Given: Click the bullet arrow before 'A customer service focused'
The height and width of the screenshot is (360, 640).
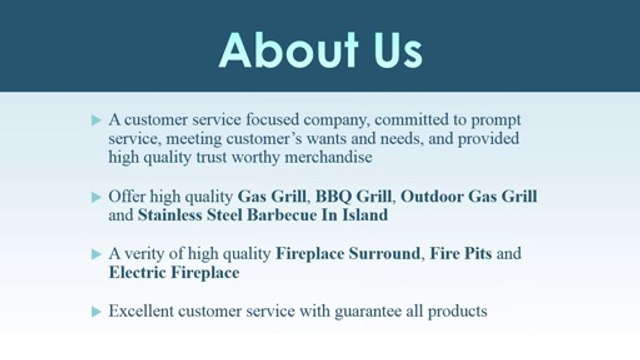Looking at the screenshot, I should (96, 120).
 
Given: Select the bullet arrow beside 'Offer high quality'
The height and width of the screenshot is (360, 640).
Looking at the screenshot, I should (96, 196).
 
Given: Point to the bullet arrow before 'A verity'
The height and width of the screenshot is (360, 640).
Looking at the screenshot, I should (96, 254).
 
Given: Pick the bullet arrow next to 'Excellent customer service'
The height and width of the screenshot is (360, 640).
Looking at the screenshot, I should (96, 312).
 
